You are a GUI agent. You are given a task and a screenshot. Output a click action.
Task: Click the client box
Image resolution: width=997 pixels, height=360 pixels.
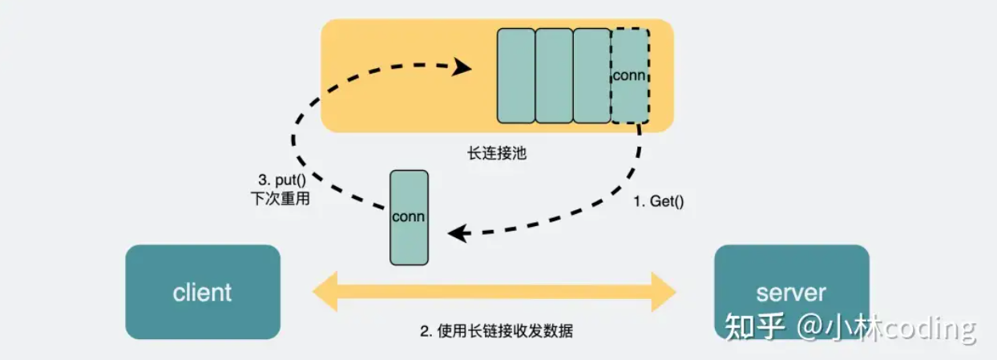click(x=203, y=292)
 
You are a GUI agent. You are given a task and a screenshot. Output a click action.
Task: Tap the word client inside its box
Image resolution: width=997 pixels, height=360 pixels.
click(x=203, y=293)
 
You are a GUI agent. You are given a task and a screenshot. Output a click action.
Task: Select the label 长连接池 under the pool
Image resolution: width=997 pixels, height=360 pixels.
click(x=497, y=152)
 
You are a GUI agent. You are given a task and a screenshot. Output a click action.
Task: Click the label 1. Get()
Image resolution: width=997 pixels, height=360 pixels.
click(x=659, y=202)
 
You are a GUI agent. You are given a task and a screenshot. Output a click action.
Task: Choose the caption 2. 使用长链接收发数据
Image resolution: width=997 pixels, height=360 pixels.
click(x=497, y=331)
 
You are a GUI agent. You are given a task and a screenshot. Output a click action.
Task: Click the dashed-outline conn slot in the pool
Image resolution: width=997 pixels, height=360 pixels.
click(x=630, y=76)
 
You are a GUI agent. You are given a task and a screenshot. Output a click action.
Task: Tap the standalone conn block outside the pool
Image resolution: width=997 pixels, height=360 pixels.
click(x=409, y=217)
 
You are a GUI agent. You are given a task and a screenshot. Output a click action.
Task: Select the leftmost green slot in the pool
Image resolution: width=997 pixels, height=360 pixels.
click(x=516, y=76)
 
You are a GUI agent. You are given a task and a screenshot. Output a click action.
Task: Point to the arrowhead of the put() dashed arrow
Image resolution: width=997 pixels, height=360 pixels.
click(x=462, y=67)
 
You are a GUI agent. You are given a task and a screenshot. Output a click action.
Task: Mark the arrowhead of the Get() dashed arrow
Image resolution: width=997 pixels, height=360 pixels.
click(x=458, y=234)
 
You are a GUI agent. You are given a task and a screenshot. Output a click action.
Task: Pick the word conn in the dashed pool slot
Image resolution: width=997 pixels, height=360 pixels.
click(x=629, y=75)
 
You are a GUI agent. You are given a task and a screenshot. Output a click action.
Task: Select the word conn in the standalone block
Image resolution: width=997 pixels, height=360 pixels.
click(x=409, y=217)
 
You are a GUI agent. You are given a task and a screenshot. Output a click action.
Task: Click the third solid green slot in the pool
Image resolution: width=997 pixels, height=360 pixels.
click(x=592, y=76)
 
